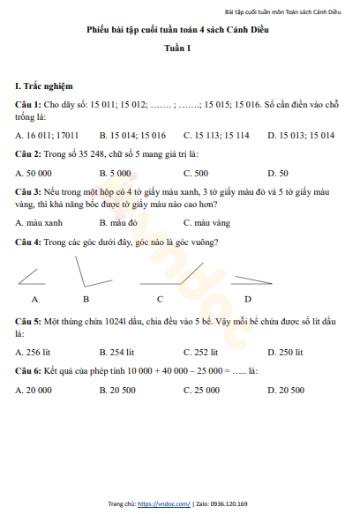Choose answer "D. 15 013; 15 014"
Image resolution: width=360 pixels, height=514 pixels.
click(x=301, y=136)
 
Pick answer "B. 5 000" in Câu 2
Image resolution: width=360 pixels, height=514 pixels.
click(x=115, y=173)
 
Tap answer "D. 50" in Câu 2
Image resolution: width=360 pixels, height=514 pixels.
click(x=277, y=173)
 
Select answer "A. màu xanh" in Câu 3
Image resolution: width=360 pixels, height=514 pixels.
click(x=39, y=223)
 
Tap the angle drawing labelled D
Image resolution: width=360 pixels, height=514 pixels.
click(x=250, y=281)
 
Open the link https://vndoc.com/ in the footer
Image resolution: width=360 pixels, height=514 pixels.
click(x=164, y=503)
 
